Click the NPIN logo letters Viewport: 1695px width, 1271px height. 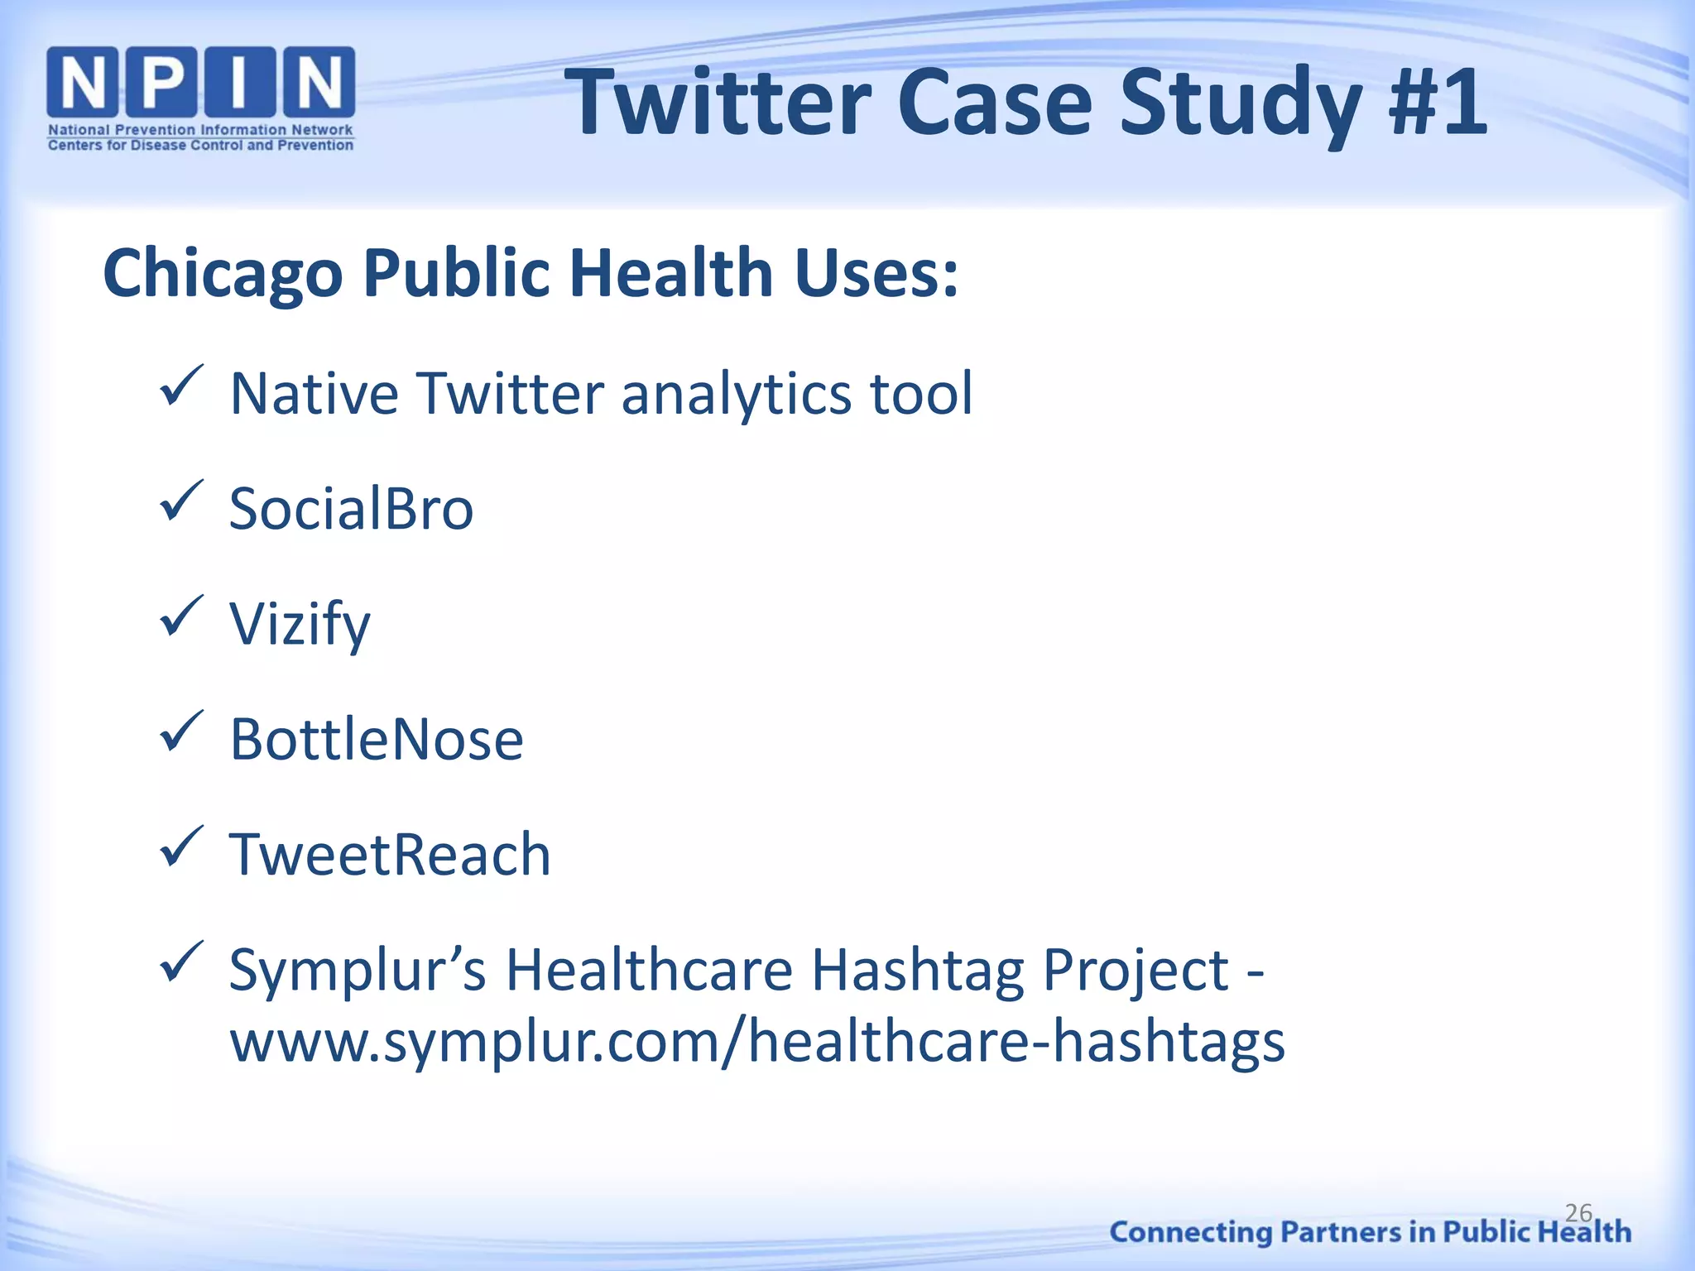(x=201, y=82)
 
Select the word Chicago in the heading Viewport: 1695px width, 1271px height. (x=222, y=274)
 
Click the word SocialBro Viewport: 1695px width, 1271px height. (x=351, y=508)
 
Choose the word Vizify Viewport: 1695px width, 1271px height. (x=300, y=624)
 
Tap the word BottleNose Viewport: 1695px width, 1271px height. (x=377, y=739)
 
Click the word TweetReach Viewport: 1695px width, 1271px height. (x=390, y=854)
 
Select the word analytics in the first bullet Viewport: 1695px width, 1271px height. (x=737, y=394)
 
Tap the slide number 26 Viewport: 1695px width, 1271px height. (x=1578, y=1213)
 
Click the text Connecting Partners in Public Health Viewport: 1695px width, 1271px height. (x=1370, y=1232)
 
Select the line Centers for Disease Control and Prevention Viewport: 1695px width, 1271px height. (x=201, y=146)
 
